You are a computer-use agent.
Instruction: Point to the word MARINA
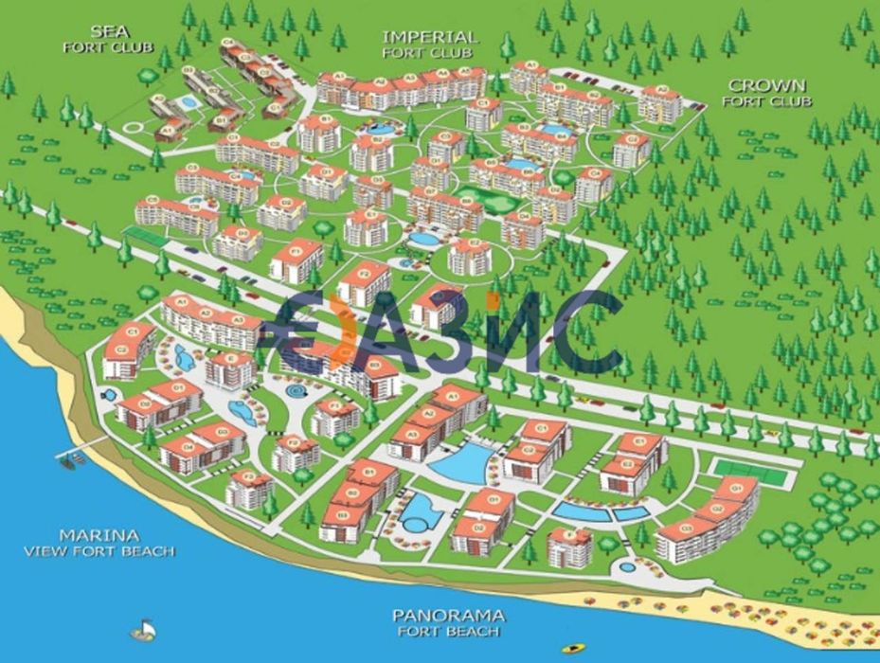click(99, 535)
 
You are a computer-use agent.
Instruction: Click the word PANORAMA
click(447, 615)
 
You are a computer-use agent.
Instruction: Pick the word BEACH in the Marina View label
click(152, 550)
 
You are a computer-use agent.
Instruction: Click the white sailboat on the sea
click(142, 629)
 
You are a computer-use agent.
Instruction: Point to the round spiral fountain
click(296, 389)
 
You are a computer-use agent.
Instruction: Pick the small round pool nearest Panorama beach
click(627, 567)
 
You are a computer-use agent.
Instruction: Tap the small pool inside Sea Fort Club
click(189, 101)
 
